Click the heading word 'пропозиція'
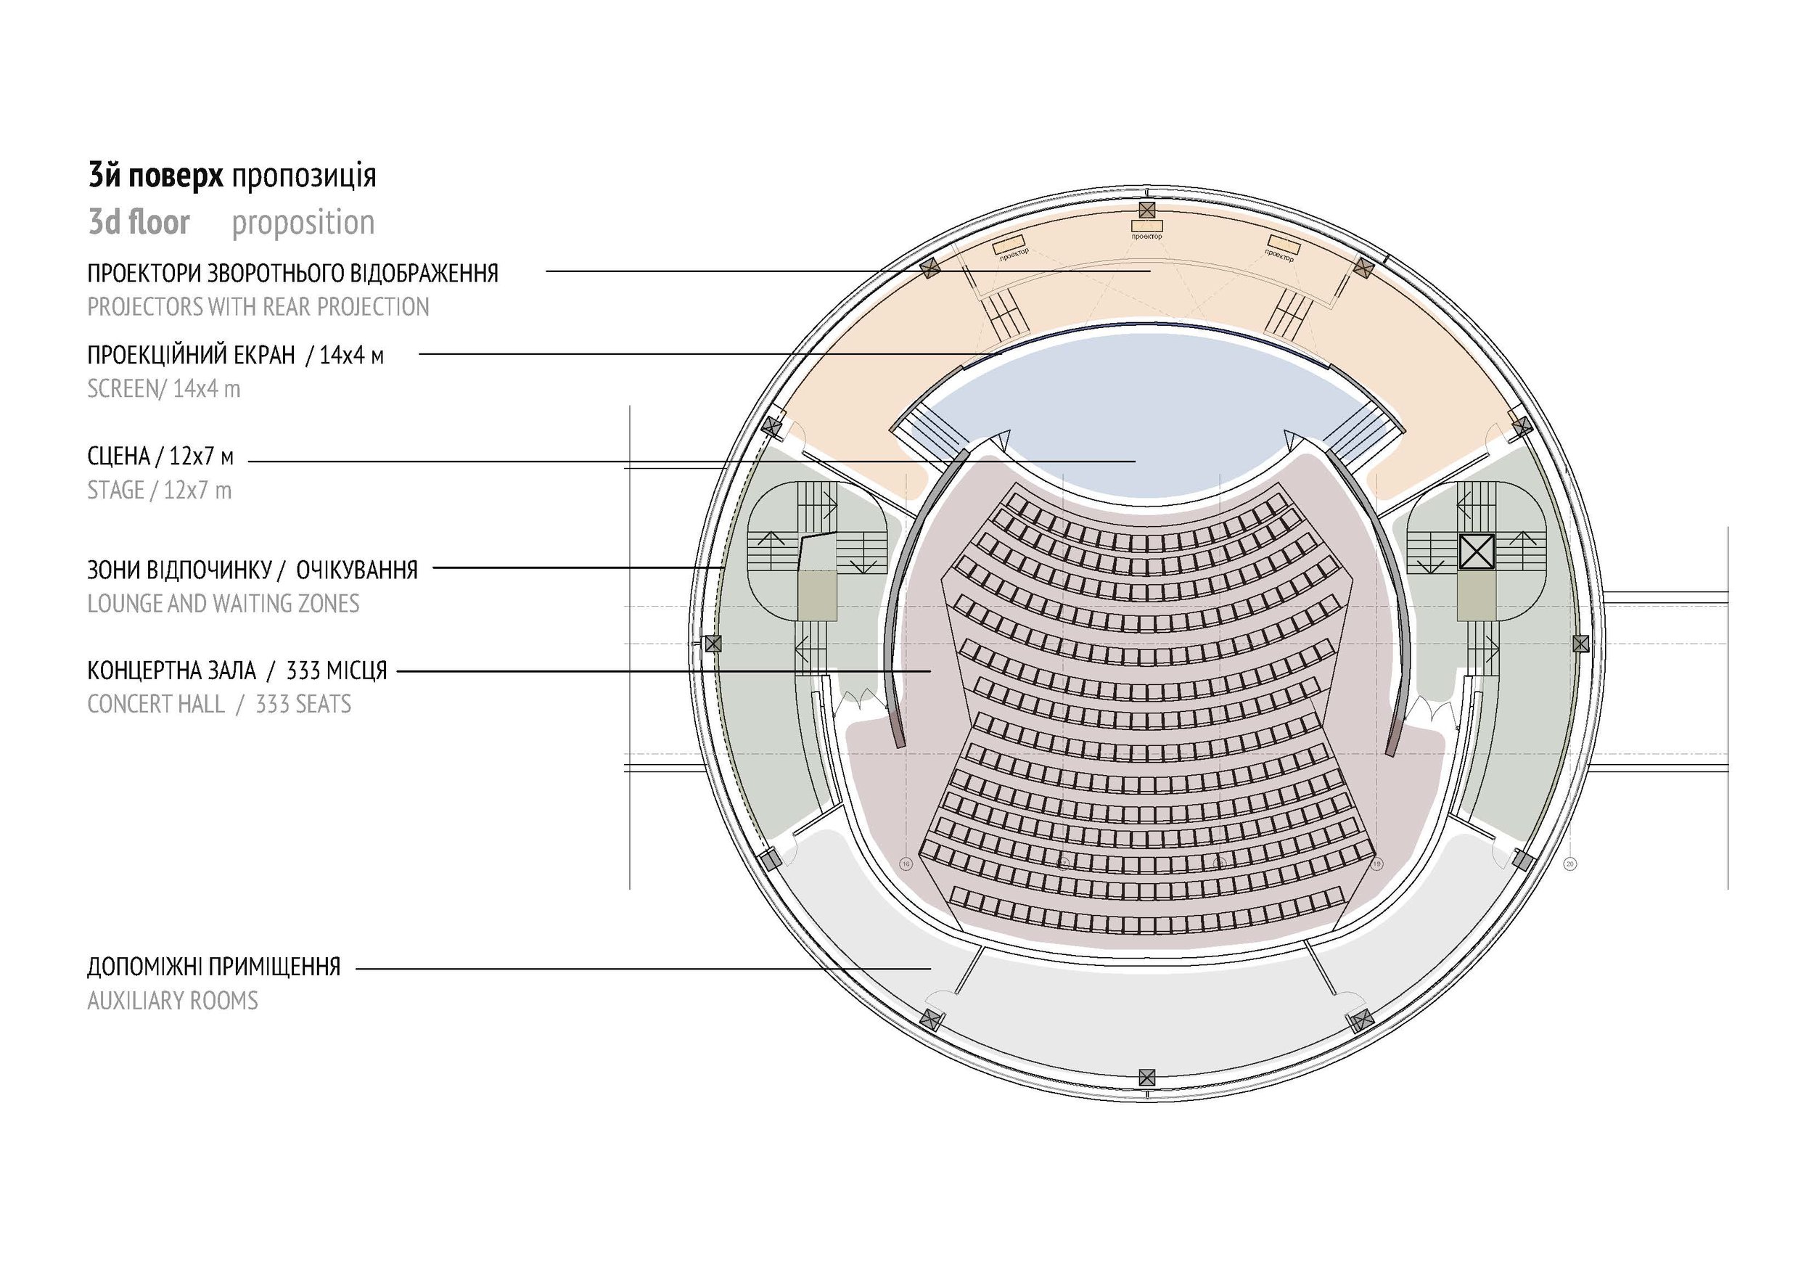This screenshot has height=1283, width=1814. point(303,176)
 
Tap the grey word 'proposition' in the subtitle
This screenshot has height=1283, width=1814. point(303,223)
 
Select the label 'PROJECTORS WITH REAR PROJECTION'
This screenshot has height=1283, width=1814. point(258,306)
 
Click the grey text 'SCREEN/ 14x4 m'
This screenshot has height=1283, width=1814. point(163,389)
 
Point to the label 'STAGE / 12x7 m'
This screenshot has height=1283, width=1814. point(159,491)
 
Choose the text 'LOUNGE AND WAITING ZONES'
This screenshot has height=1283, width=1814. point(223,604)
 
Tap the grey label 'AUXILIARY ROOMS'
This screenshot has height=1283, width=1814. point(172,1001)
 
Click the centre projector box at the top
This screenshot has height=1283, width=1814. point(1146,226)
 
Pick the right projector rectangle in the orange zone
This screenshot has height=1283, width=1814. point(1283,242)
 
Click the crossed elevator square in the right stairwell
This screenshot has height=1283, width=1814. point(1477,552)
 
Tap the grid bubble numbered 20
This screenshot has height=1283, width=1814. point(1570,864)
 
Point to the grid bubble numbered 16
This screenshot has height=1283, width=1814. point(906,864)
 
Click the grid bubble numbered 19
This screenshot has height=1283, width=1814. point(1378,864)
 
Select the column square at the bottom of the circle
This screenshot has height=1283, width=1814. point(1146,1077)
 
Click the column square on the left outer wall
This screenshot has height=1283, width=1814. point(713,644)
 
